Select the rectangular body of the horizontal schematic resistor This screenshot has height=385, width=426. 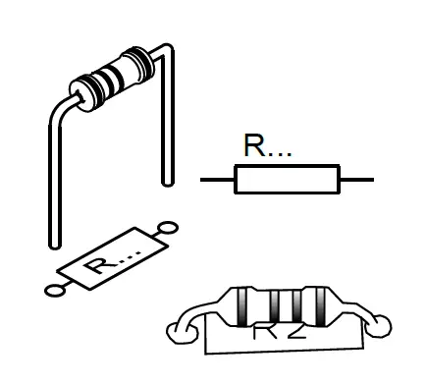pyautogui.click(x=286, y=180)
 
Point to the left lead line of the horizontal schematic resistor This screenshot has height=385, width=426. pyautogui.click(x=217, y=180)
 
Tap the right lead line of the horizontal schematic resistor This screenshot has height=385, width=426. pyautogui.click(x=355, y=180)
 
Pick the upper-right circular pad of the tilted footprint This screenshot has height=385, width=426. pyautogui.click(x=168, y=228)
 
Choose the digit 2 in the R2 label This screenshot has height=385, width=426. pyautogui.click(x=295, y=331)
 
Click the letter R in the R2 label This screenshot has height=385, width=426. pyautogui.click(x=264, y=331)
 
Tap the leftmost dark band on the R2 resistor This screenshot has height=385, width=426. pyautogui.click(x=242, y=306)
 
